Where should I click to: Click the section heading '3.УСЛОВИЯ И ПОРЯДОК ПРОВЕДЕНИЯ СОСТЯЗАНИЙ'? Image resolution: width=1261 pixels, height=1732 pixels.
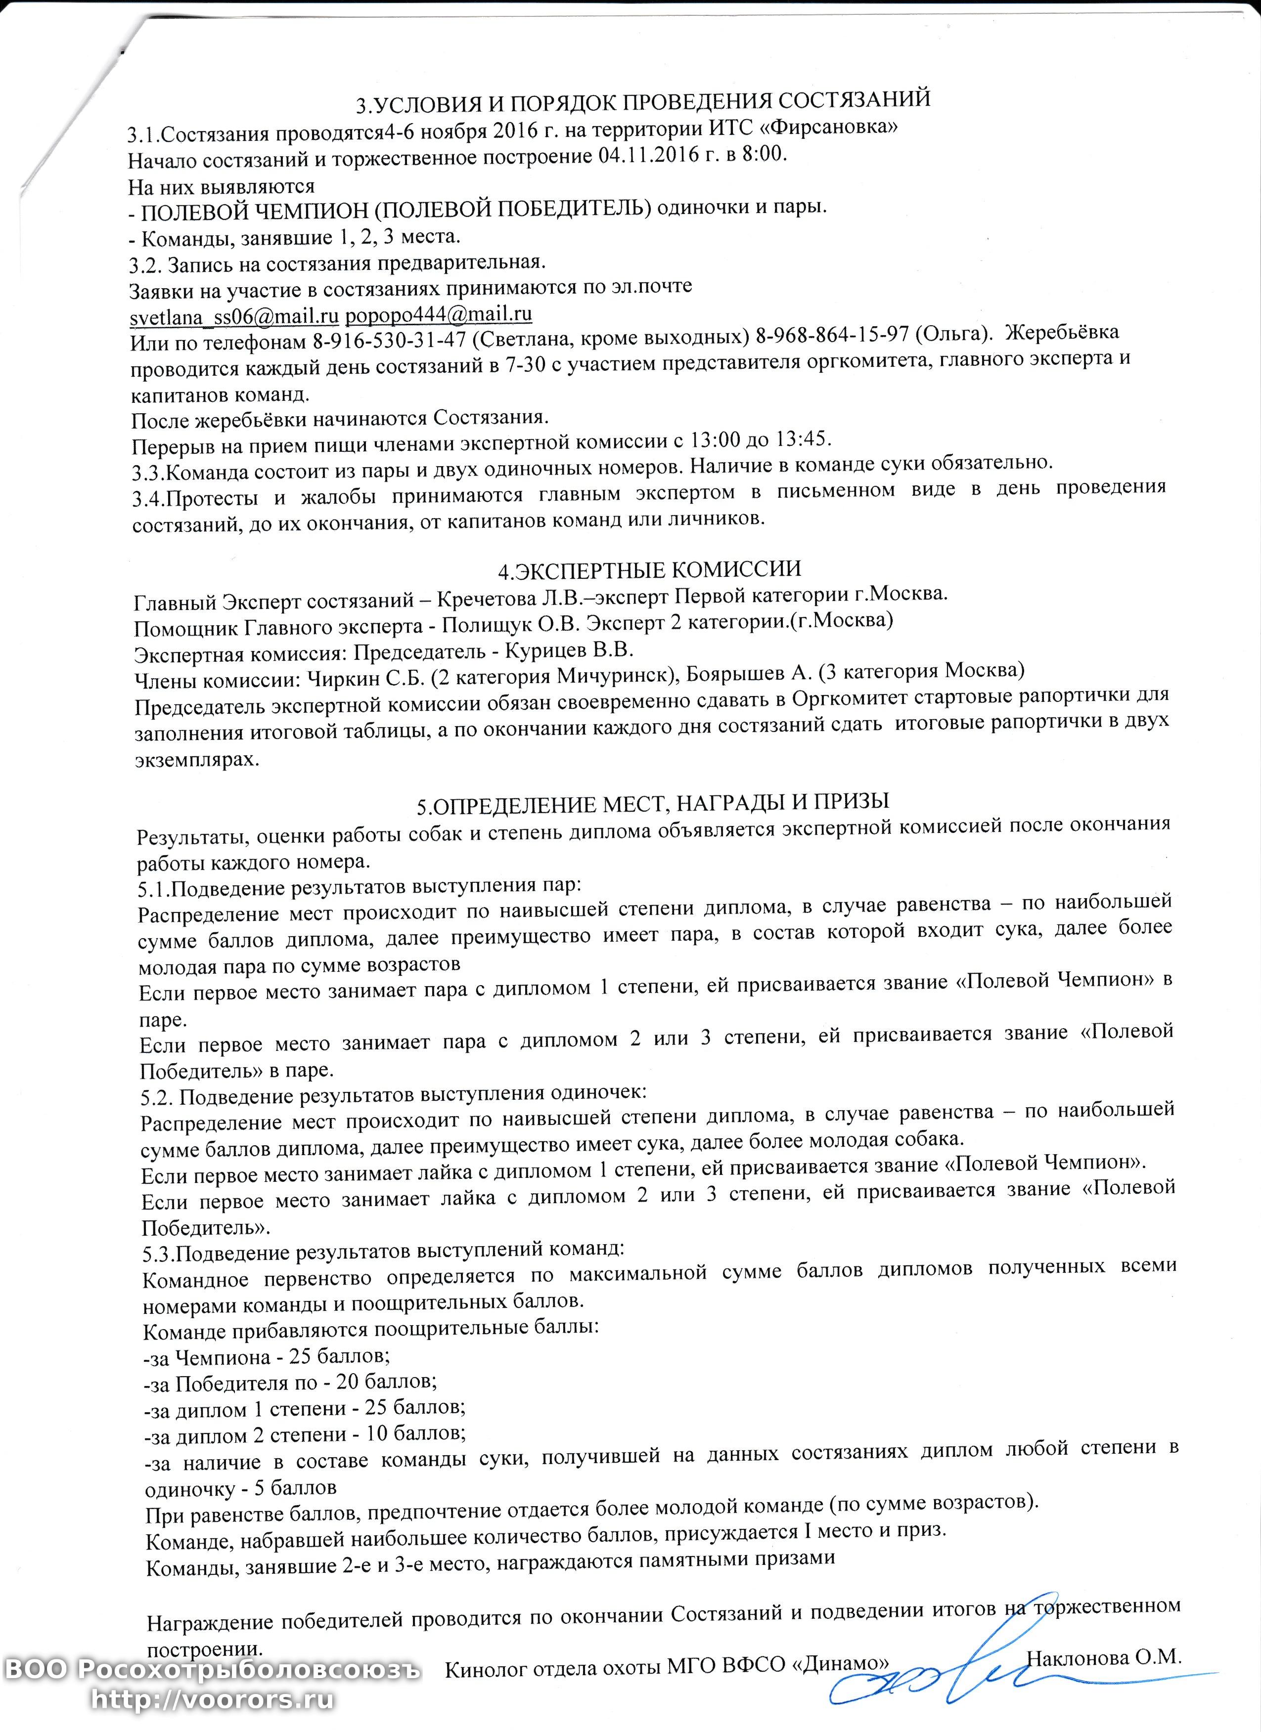[645, 101]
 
